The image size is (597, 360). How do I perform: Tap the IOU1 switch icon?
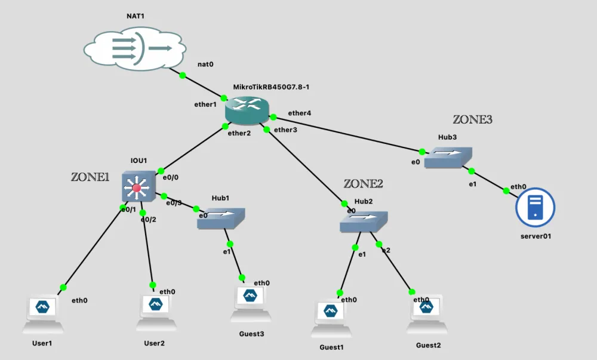pyautogui.click(x=137, y=187)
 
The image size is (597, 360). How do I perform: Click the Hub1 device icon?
pyautogui.click(x=221, y=218)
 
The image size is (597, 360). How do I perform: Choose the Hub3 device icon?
pyautogui.click(x=448, y=157)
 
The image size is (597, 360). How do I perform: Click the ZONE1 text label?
pyautogui.click(x=90, y=177)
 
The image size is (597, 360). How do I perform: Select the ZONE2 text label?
pyautogui.click(x=363, y=184)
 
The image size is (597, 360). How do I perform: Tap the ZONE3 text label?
pyautogui.click(x=473, y=119)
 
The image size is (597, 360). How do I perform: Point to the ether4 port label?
pyautogui.click(x=299, y=113)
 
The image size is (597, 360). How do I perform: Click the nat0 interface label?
pyautogui.click(x=205, y=64)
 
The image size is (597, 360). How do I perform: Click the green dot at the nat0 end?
pyautogui.click(x=183, y=75)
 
